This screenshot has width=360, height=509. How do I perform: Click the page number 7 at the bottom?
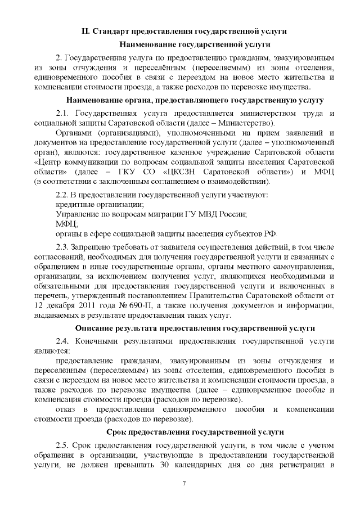(184, 484)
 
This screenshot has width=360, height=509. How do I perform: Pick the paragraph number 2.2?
(62, 195)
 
